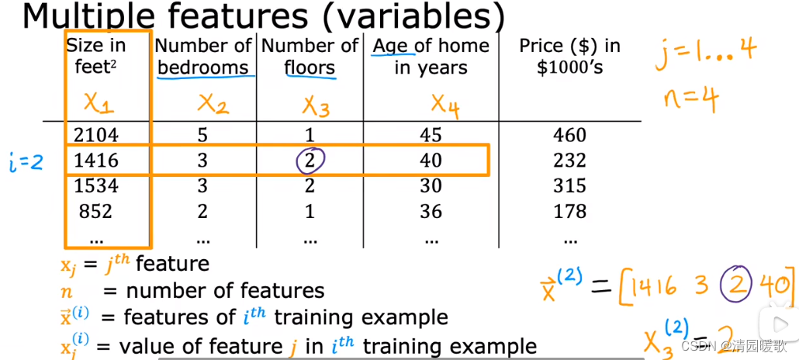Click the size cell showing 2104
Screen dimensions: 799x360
click(x=95, y=135)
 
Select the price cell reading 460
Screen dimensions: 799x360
click(x=569, y=135)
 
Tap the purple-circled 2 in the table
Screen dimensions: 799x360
click(x=311, y=161)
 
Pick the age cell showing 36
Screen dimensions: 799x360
click(x=431, y=210)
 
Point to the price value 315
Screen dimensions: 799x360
click(x=569, y=185)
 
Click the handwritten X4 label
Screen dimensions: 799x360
click(x=444, y=106)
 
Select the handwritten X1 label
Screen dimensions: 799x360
click(x=99, y=104)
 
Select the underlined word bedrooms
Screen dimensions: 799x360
click(x=202, y=67)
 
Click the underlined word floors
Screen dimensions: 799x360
click(x=310, y=67)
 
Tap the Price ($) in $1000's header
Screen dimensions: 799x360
click(x=569, y=56)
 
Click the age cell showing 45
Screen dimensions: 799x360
click(x=431, y=135)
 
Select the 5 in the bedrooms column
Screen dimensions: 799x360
click(x=202, y=135)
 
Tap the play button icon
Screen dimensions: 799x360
click(x=778, y=324)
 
